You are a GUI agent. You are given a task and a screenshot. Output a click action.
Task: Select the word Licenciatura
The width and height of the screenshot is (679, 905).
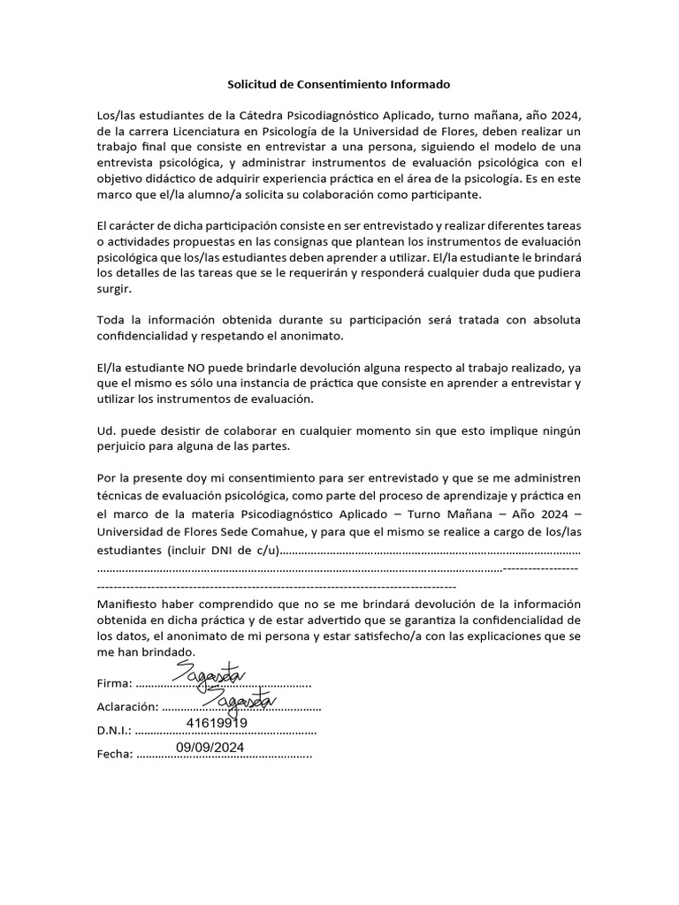click(212, 131)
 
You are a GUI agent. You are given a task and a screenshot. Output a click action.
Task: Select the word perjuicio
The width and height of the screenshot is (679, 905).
click(122, 446)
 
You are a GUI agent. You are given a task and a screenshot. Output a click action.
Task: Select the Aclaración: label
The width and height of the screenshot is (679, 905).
click(127, 707)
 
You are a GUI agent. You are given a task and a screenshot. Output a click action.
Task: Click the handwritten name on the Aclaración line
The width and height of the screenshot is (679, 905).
click(239, 698)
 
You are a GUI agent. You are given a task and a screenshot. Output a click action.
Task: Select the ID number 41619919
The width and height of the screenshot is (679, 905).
click(217, 722)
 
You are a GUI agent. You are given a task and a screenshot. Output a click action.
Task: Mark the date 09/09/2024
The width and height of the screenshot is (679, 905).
click(210, 746)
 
